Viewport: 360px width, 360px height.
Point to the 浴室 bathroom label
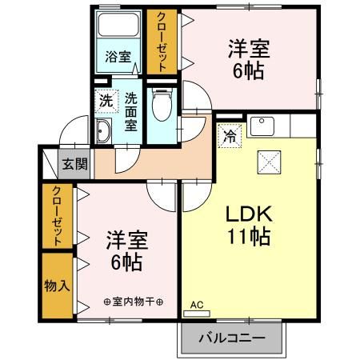[x=119, y=58]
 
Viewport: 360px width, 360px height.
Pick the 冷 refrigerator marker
[x=228, y=135]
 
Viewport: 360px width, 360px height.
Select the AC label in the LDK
[x=197, y=304]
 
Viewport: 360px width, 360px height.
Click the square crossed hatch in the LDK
[x=269, y=162]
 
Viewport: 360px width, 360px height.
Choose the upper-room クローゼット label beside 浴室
[x=162, y=42]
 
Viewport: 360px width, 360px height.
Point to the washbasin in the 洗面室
[x=104, y=133]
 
